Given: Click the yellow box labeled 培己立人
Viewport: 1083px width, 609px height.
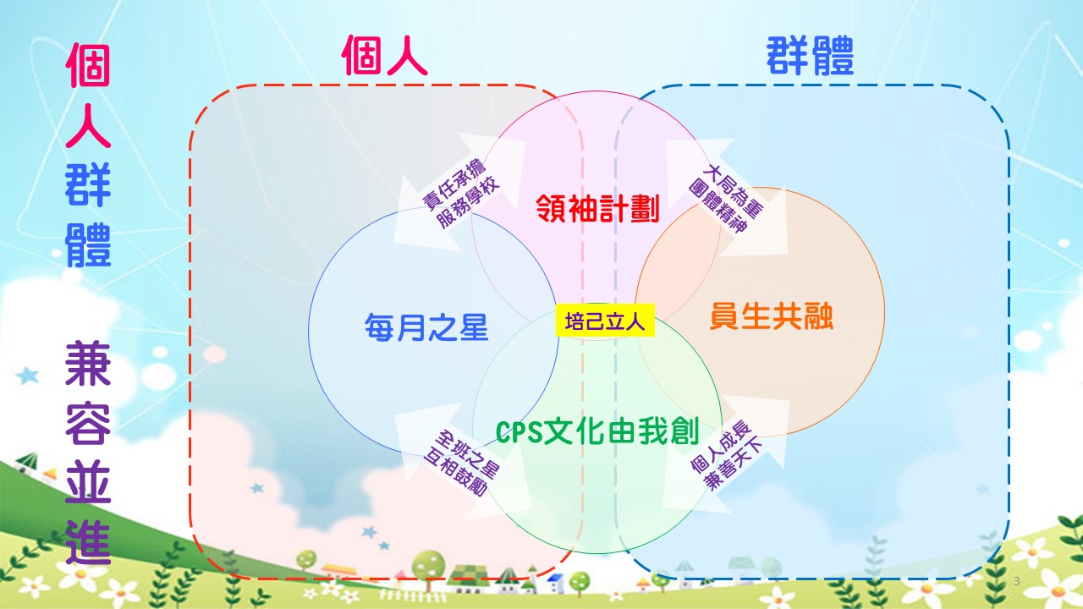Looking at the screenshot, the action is pos(605,320).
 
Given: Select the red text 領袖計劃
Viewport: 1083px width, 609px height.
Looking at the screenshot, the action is pos(598,208).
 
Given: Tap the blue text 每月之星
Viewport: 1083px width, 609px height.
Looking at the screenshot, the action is pos(426,327).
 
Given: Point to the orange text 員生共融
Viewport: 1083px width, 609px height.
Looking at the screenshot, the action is pos(771,316).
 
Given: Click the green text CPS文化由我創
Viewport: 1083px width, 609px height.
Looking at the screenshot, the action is pos(597,431).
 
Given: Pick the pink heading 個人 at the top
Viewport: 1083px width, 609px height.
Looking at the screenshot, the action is pos(384,56).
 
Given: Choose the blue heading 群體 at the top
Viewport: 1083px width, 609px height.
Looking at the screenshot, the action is pos(810,56).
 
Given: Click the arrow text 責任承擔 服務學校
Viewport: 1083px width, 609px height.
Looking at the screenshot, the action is pos(461,194).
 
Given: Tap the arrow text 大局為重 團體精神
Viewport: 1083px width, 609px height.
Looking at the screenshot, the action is pos(726,199).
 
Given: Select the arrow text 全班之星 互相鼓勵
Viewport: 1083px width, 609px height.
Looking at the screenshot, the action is pos(461,463).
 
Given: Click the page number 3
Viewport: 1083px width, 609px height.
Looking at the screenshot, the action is pos(1017,581).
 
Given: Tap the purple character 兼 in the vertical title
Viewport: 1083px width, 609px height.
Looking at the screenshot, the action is pos(88,363).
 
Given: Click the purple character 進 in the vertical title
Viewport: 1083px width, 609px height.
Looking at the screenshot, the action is pos(88,542).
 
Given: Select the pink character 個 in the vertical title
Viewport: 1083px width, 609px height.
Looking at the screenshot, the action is pos(88,65).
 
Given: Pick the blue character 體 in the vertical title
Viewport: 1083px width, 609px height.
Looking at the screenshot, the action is pos(88,244).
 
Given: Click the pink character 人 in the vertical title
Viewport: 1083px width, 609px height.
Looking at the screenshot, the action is pos(88,124).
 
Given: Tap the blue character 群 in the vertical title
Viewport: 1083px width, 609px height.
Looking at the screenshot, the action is pos(88,184).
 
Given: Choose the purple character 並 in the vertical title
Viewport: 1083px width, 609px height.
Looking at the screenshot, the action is pos(88,482).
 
